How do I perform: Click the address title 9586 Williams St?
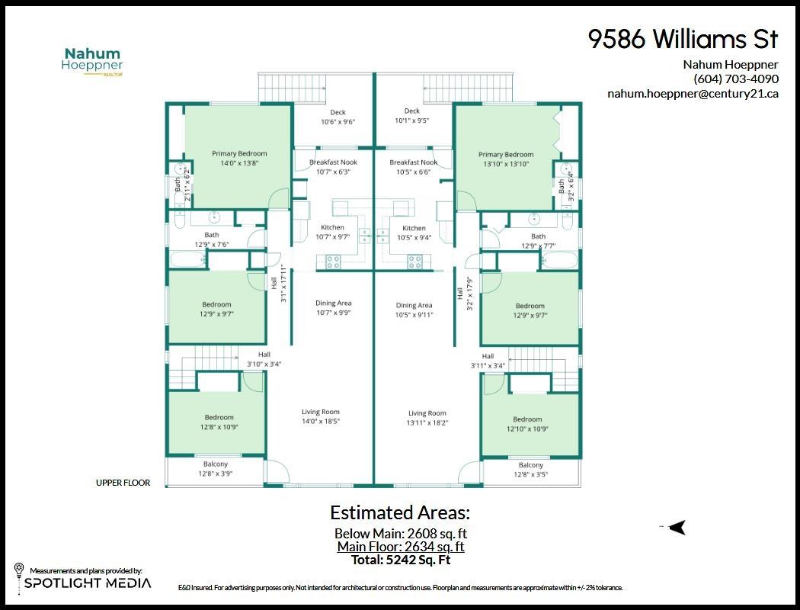[x=683, y=40]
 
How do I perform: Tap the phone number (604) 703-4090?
[x=735, y=79]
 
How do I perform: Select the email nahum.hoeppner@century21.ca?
[x=693, y=94]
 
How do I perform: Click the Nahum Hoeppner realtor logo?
[x=92, y=61]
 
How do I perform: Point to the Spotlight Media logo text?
[x=88, y=583]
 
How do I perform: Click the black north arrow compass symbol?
[x=676, y=527]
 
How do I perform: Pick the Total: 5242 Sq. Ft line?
[x=401, y=560]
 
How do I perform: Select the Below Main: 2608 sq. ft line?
[x=401, y=534]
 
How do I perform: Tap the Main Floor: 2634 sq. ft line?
[x=401, y=547]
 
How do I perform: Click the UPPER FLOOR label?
[x=123, y=483]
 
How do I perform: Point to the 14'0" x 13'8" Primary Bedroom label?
[x=239, y=159]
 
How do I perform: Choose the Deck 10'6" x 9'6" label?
[x=338, y=117]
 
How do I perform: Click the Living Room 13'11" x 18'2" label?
[x=427, y=418]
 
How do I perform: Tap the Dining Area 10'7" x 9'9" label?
[x=333, y=308]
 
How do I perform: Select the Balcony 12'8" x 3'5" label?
[x=531, y=470]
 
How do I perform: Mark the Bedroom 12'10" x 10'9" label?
[x=527, y=424]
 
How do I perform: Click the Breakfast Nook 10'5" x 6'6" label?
[x=413, y=167]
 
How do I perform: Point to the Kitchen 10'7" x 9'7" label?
[x=332, y=232]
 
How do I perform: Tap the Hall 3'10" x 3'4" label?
[x=264, y=359]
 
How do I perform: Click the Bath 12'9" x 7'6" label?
[x=211, y=239]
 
